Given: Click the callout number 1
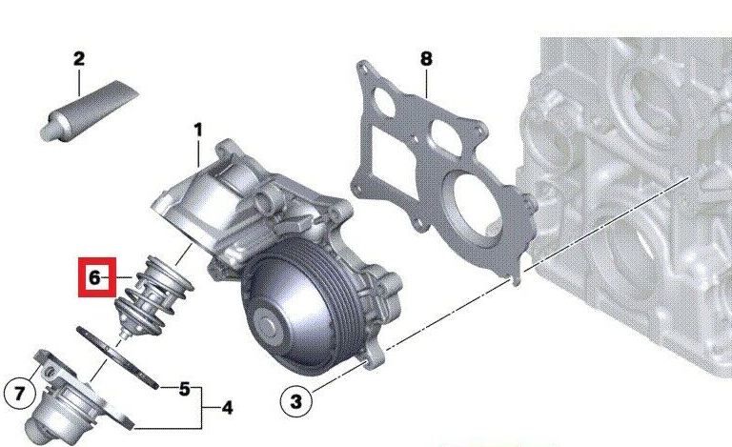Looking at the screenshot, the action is pyautogui.click(x=198, y=131).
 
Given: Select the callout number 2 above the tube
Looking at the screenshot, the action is pyautogui.click(x=79, y=59).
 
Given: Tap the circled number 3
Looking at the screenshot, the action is pyautogui.click(x=295, y=401).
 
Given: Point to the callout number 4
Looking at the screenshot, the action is pyautogui.click(x=227, y=408).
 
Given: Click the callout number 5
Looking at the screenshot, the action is pyautogui.click(x=185, y=389).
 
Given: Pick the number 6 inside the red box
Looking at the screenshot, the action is pyautogui.click(x=94, y=277).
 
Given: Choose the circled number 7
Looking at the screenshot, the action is pyautogui.click(x=19, y=393).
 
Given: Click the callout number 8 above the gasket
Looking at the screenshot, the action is pyautogui.click(x=426, y=59).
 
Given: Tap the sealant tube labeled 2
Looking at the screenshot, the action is pyautogui.click(x=89, y=111).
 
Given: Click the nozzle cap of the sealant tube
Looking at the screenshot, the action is pyautogui.click(x=47, y=132).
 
